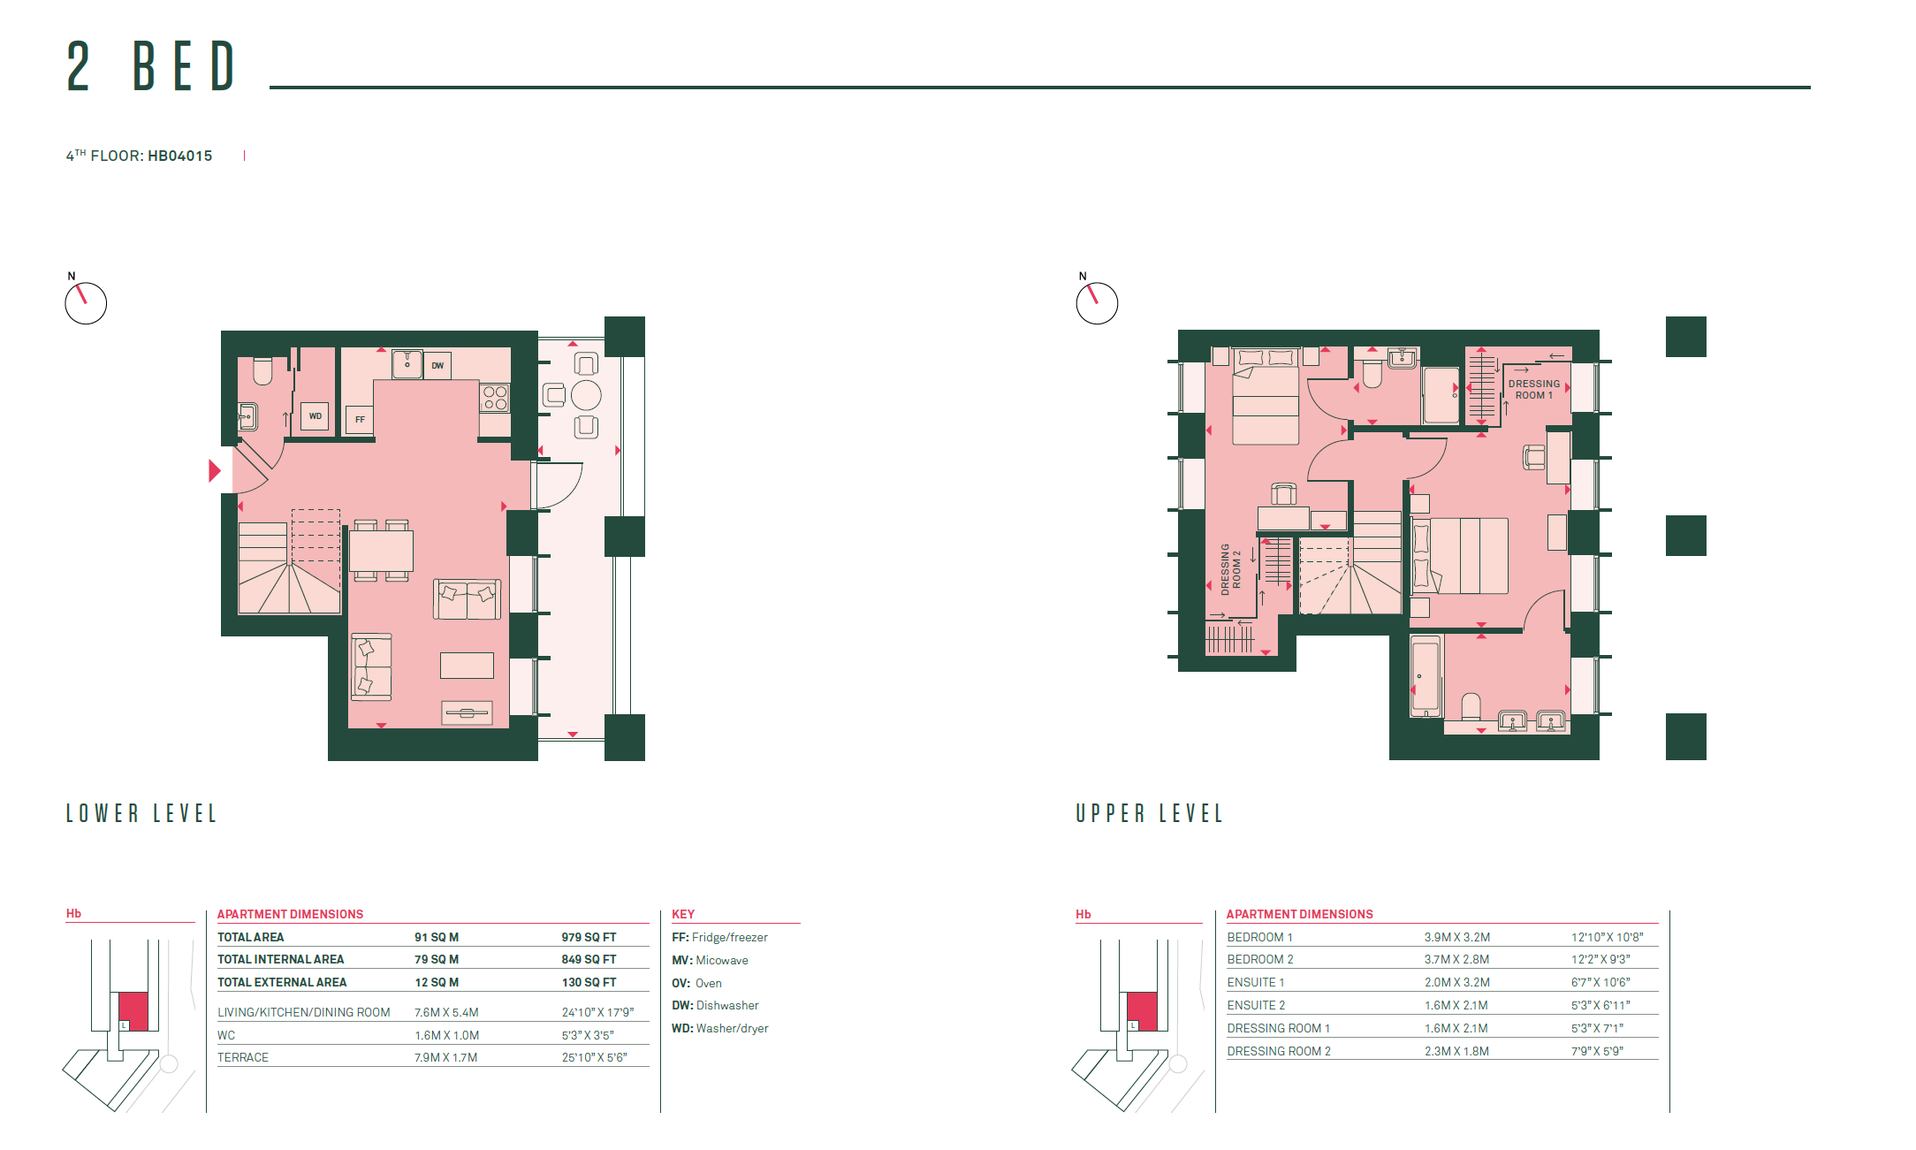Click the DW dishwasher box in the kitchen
pyautogui.click(x=437, y=365)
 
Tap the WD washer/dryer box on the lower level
pyautogui.click(x=315, y=416)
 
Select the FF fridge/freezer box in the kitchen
pyautogui.click(x=360, y=420)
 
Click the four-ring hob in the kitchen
pyautogui.click(x=495, y=398)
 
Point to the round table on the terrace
pyautogui.click(x=586, y=395)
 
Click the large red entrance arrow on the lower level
pyautogui.click(x=214, y=470)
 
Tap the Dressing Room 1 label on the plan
pyautogui.click(x=1534, y=390)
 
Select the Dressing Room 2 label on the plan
pyautogui.click(x=1231, y=569)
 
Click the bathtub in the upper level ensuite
pyautogui.click(x=1426, y=676)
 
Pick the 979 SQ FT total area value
pyautogui.click(x=589, y=937)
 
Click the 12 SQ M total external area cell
pyautogui.click(x=437, y=982)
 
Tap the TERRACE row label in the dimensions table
pyautogui.click(x=243, y=1057)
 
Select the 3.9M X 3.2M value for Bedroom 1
pyautogui.click(x=1456, y=937)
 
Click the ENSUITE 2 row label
pyautogui.click(x=1256, y=1005)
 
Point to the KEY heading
pyautogui.click(x=683, y=914)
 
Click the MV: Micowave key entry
pyautogui.click(x=710, y=960)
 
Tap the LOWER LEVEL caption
pyautogui.click(x=141, y=813)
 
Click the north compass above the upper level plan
pyautogui.click(x=1097, y=303)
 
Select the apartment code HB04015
pyautogui.click(x=180, y=156)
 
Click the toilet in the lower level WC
pyautogui.click(x=262, y=371)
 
